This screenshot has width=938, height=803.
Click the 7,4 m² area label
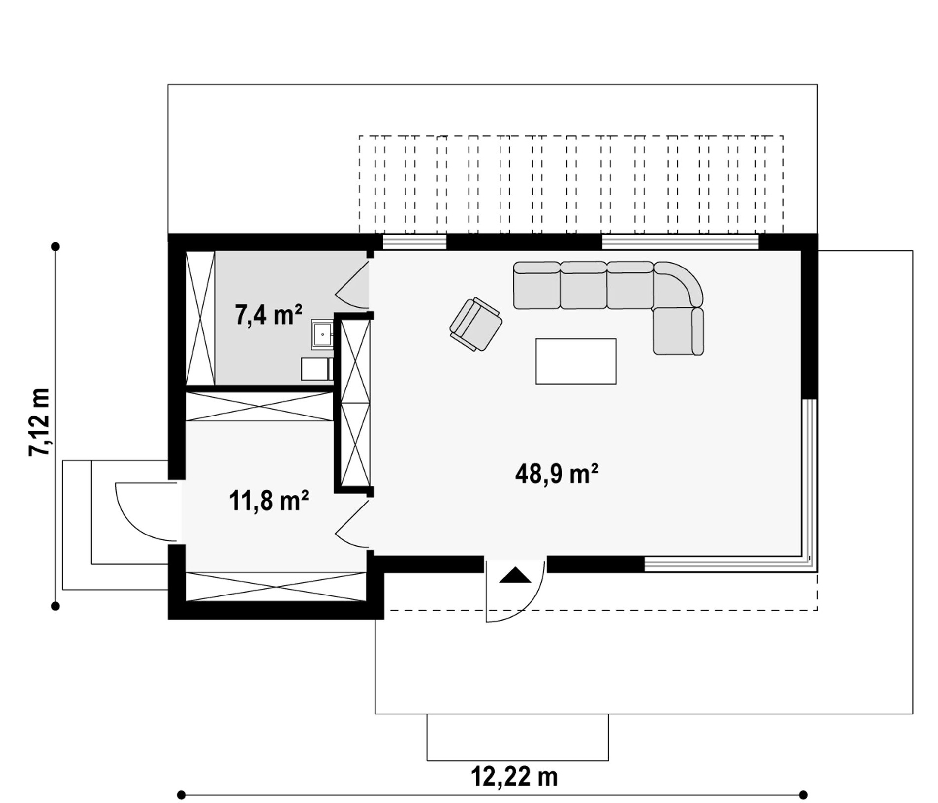[268, 315]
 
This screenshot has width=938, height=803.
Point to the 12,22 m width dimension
[514, 776]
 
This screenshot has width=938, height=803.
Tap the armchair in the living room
[475, 324]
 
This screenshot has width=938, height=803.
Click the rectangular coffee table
[575, 361]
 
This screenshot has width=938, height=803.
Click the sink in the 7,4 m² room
[322, 334]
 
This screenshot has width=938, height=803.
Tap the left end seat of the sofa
[536, 285]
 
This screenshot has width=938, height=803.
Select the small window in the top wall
[414, 242]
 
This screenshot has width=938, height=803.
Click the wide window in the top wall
[680, 242]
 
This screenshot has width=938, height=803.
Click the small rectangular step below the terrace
[517, 737]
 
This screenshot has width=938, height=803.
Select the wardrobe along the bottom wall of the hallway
[276, 587]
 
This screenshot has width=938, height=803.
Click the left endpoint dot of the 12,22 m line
[181, 795]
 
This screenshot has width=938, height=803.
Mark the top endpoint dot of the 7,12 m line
[56, 246]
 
